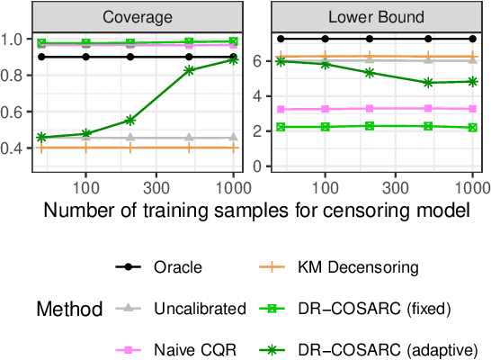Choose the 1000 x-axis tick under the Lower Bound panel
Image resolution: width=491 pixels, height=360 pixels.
tap(471, 191)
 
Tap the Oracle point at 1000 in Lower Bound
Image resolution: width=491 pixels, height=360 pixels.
tap(473, 39)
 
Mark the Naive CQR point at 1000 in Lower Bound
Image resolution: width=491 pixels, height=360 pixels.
tap(473, 108)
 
